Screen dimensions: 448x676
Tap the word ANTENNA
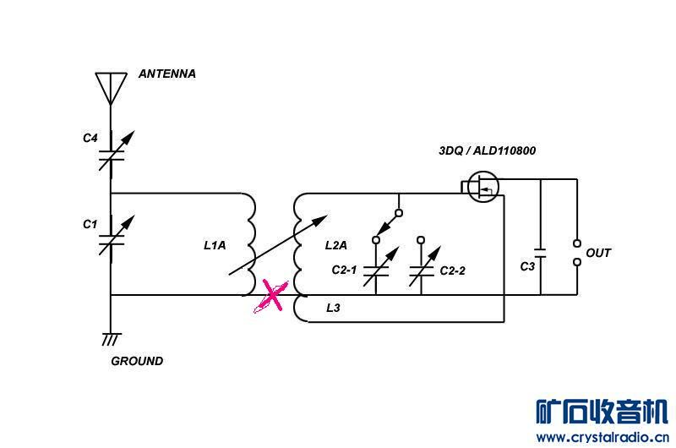click(x=167, y=74)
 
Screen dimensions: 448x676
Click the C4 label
click(x=90, y=137)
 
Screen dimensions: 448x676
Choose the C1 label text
click(x=90, y=224)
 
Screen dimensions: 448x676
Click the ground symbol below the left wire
click(x=111, y=339)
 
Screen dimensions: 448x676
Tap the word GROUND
click(x=137, y=361)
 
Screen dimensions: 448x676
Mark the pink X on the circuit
click(x=272, y=296)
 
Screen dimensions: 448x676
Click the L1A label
click(x=215, y=246)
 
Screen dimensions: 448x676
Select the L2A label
click(x=336, y=246)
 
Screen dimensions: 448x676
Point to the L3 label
click(x=333, y=309)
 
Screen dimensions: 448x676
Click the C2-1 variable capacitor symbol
click(x=376, y=270)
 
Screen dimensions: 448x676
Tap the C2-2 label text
click(x=452, y=271)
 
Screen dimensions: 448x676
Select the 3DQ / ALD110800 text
click(x=486, y=151)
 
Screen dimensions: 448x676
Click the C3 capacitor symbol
click(x=542, y=253)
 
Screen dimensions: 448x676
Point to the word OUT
click(x=598, y=253)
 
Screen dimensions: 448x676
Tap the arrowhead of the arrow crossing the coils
click(x=321, y=220)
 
